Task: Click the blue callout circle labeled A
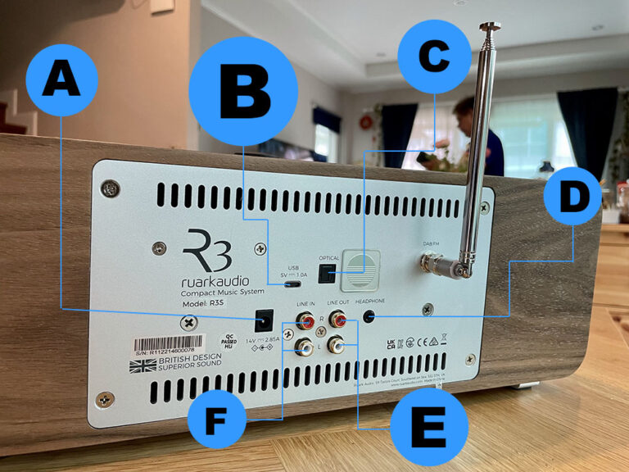tap(61, 80)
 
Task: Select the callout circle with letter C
tap(434, 57)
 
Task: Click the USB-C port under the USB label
tap(292, 285)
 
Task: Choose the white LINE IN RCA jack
tap(304, 347)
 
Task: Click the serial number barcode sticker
tap(167, 343)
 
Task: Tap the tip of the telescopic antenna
tap(490, 26)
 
